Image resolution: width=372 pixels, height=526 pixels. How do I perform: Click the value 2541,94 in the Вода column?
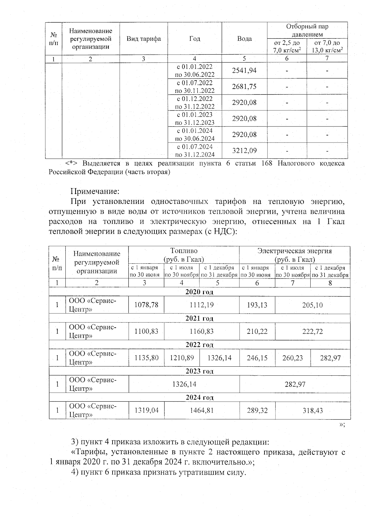tap(244, 70)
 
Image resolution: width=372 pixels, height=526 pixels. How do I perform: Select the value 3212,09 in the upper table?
tap(244, 151)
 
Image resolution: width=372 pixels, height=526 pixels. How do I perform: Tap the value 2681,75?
tap(244, 86)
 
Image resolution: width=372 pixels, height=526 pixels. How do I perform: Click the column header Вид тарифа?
tap(144, 39)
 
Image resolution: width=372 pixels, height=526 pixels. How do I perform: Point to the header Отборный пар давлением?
tap(307, 30)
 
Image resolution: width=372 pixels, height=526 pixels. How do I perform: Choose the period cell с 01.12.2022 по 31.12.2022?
tap(195, 103)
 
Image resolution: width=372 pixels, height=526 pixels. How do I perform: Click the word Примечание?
tap(95, 190)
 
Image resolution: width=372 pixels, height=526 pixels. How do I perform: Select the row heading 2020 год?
tap(199, 292)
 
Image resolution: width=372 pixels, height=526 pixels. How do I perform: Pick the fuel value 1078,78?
tap(146, 305)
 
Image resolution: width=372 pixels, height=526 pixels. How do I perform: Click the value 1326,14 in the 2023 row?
tap(184, 384)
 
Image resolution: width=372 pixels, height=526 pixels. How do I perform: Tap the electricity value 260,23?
tap(293, 358)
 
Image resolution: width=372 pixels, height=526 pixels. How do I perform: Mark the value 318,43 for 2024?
tap(312, 411)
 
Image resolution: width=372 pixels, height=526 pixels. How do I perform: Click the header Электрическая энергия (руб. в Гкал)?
tap(294, 255)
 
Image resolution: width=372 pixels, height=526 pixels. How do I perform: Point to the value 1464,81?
tap(201, 411)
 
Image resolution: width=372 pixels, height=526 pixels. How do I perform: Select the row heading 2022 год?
tap(199, 345)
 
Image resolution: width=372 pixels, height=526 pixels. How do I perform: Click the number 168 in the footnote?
tap(267, 163)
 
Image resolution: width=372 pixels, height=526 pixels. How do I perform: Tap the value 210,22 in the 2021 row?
tap(257, 332)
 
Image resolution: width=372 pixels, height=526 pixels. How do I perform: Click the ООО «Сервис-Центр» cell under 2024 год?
tap(93, 410)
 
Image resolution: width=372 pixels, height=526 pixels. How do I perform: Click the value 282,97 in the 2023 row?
tap(295, 384)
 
